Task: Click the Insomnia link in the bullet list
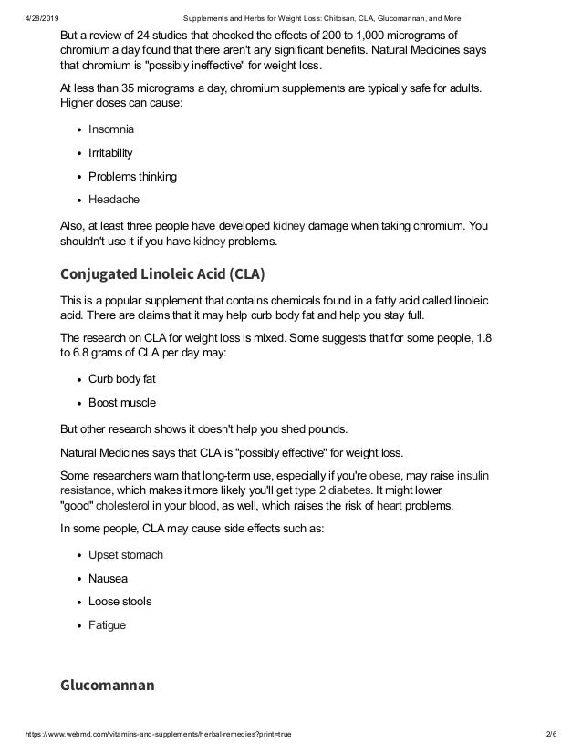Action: click(x=110, y=129)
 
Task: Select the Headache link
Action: click(x=113, y=200)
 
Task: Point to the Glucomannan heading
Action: click(x=109, y=685)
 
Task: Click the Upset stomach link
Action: click(x=126, y=554)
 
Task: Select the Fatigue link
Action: click(x=107, y=625)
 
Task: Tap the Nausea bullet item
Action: click(x=108, y=578)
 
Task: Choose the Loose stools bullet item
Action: click(x=120, y=602)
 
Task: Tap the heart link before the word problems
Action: click(x=390, y=505)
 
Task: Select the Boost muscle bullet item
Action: click(x=122, y=402)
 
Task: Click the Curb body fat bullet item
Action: click(x=122, y=378)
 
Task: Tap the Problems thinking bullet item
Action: click(x=132, y=176)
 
